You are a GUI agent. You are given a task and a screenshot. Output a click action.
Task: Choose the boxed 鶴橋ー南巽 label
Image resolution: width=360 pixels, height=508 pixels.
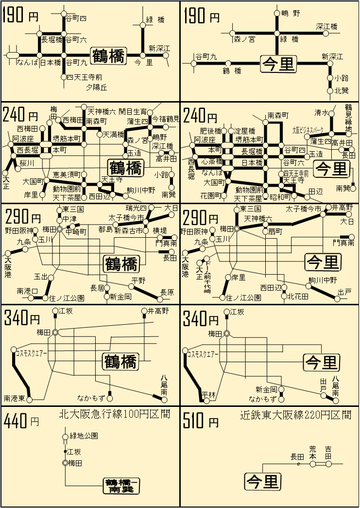[121, 486]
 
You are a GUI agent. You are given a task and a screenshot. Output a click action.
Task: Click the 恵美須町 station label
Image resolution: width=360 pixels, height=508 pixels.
[67, 174]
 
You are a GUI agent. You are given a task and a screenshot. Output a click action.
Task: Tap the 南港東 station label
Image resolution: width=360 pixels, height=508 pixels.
[15, 399]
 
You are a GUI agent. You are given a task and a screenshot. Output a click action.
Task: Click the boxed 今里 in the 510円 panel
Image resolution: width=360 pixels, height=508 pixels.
[263, 481]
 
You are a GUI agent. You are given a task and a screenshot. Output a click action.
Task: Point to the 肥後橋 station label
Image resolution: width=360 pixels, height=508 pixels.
[211, 131]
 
